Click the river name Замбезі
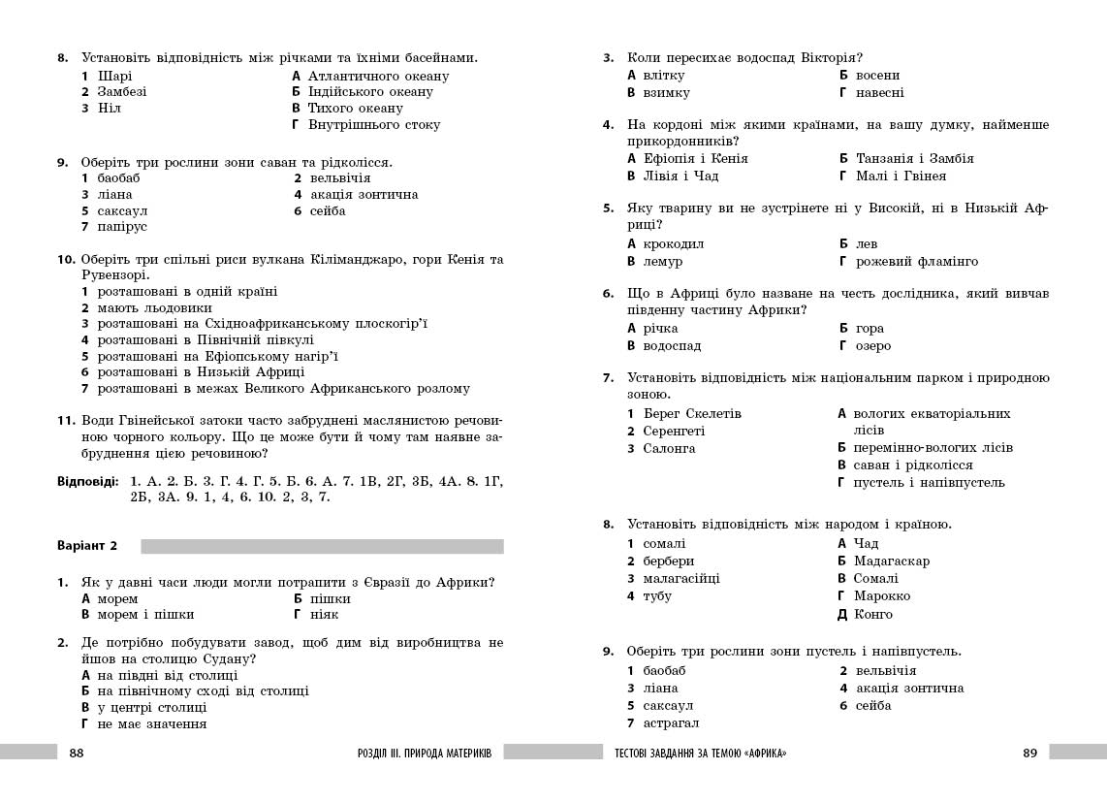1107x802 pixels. (x=122, y=92)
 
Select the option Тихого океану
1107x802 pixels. (x=355, y=109)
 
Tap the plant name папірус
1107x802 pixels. (x=122, y=227)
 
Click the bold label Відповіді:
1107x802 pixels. (x=87, y=481)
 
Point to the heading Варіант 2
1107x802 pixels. (x=87, y=546)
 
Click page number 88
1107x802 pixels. (x=78, y=754)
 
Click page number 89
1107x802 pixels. (x=1029, y=754)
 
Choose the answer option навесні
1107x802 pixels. (x=880, y=93)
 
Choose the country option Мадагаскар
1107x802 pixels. (x=891, y=561)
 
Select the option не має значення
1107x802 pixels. (x=151, y=724)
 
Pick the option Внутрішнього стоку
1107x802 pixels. (x=373, y=125)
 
